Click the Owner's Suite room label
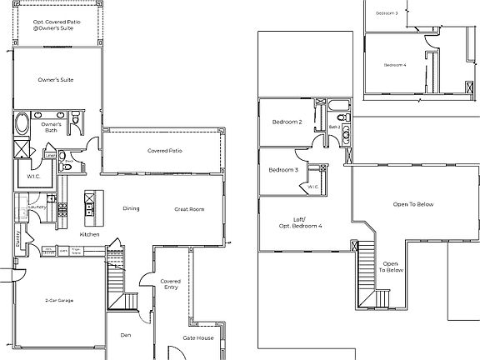[x=57, y=79]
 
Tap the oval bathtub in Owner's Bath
[x=22, y=127]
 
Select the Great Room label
[x=189, y=209]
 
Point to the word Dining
[x=131, y=208]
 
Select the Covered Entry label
[x=170, y=285]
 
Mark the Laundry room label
[x=37, y=208]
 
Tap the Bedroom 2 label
[x=286, y=122]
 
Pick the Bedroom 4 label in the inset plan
[x=394, y=65]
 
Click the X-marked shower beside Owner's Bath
[x=21, y=150]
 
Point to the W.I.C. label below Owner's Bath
[x=34, y=175]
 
